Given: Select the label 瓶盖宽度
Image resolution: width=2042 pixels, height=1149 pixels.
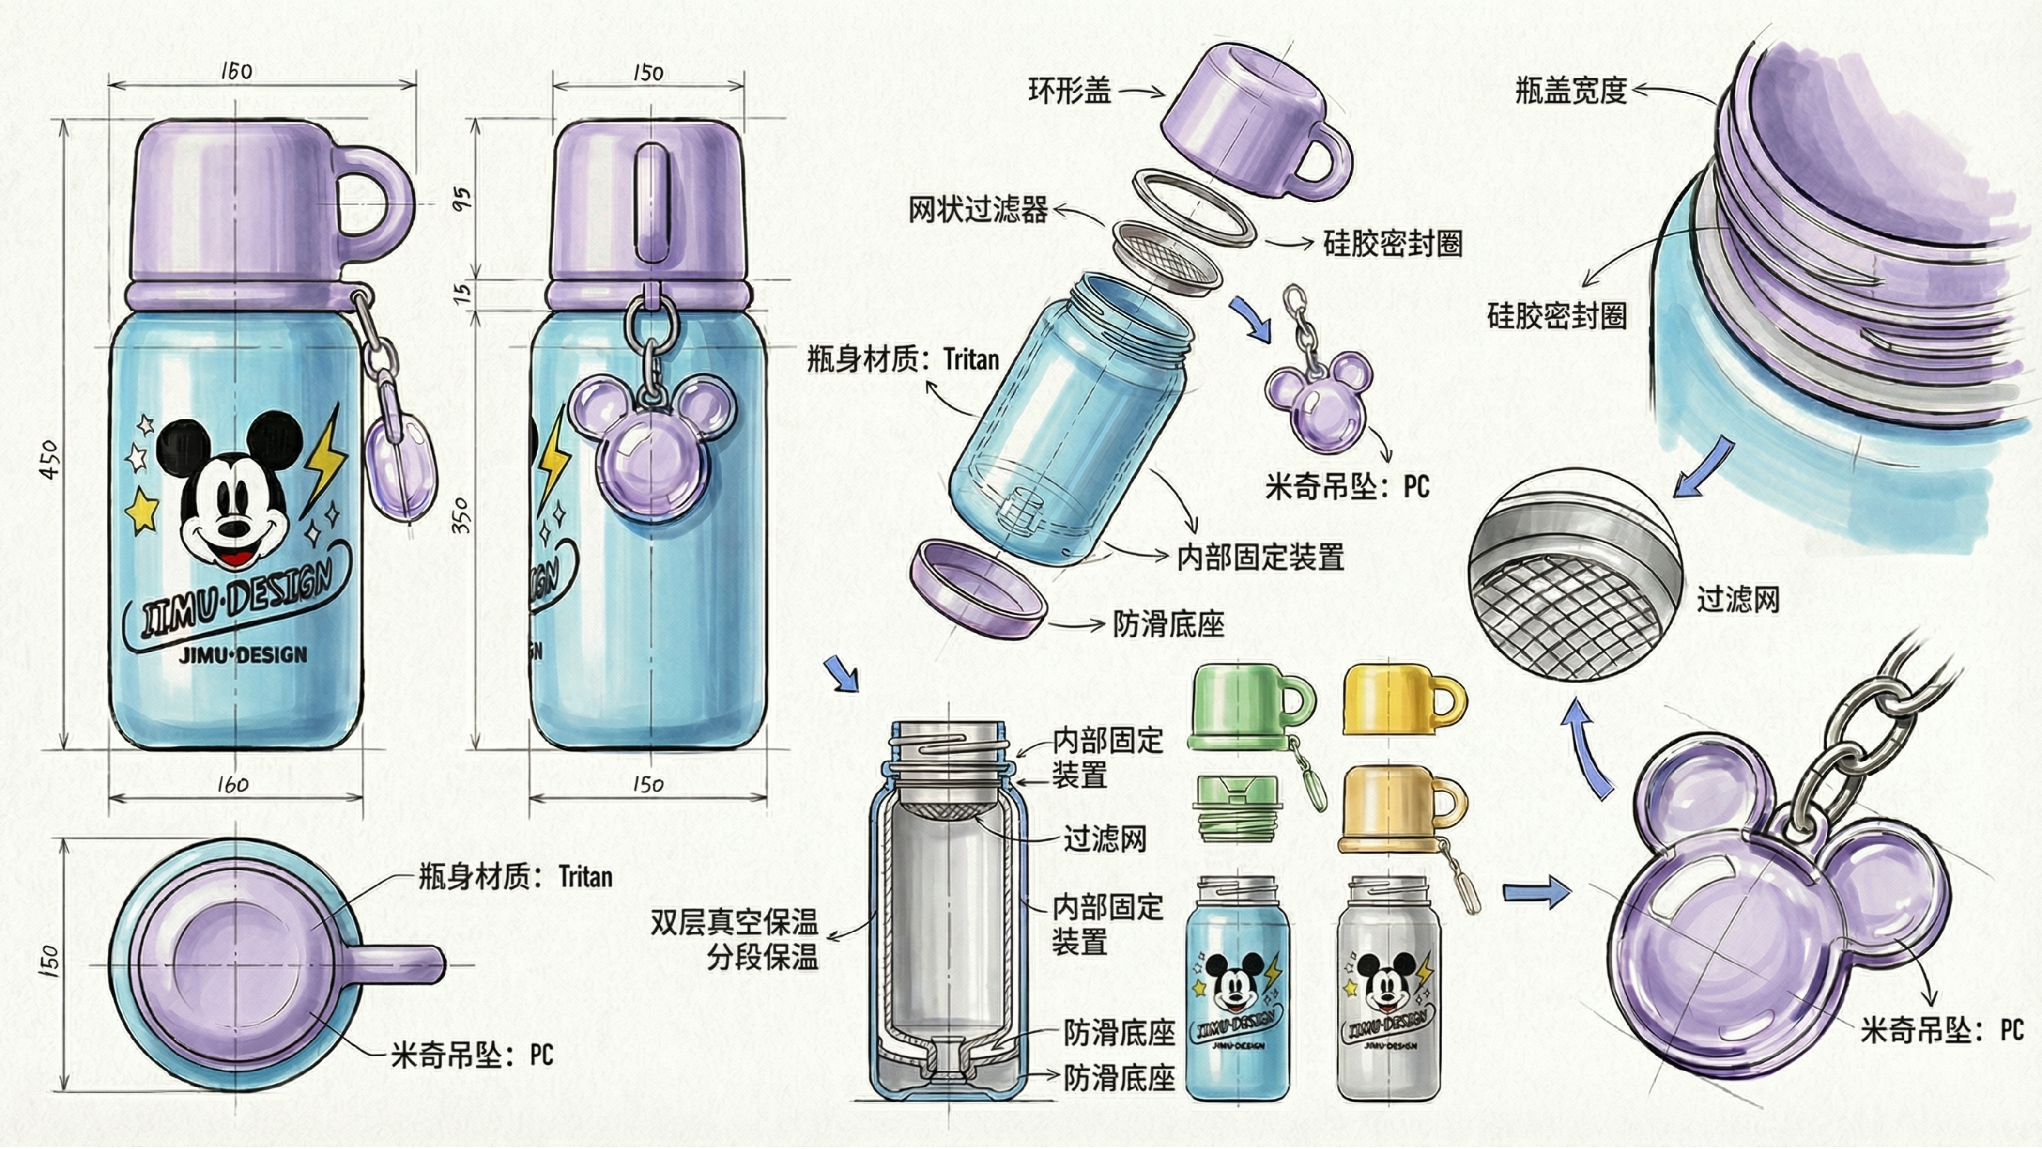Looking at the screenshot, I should [1571, 91].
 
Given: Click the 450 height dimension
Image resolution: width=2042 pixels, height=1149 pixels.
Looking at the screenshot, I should [49, 459].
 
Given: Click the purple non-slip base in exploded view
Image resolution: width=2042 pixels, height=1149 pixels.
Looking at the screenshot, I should [977, 587].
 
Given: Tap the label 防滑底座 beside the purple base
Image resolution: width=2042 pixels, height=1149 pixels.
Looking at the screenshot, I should [1167, 625].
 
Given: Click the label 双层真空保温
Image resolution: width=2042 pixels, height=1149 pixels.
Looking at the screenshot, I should [733, 922].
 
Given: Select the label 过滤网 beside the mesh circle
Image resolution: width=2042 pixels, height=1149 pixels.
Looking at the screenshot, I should [1737, 600].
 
